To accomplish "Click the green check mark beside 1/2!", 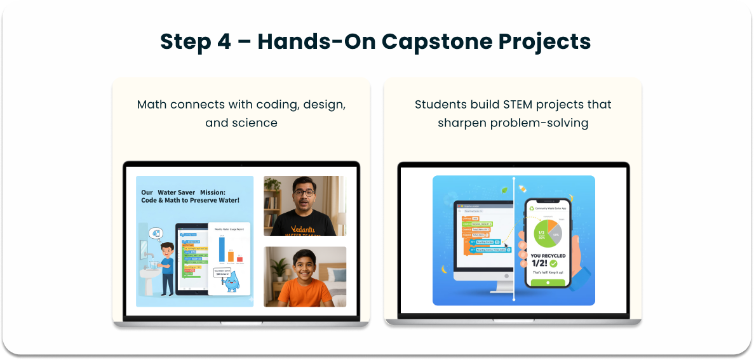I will tap(553, 263).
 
